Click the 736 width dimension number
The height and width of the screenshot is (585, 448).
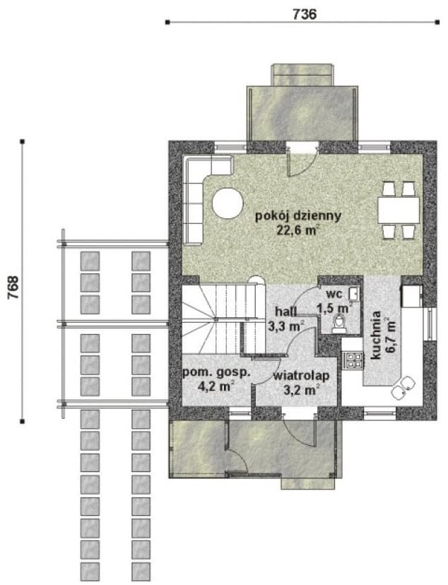305,14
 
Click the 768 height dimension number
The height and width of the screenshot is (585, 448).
13,288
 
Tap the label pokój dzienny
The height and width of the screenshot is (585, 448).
298,216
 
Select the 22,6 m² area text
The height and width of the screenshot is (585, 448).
298,230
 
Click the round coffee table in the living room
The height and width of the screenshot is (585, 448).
228,203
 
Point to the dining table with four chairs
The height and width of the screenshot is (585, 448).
399,210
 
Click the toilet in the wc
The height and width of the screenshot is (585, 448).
339,324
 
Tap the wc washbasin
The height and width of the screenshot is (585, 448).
353,293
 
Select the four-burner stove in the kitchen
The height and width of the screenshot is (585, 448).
353,360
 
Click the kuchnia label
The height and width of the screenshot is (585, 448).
376,335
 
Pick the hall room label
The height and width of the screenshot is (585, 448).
286,312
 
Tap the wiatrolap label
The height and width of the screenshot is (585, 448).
302,376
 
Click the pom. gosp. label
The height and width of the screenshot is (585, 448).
216,373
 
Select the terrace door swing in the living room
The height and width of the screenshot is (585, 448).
302,161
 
